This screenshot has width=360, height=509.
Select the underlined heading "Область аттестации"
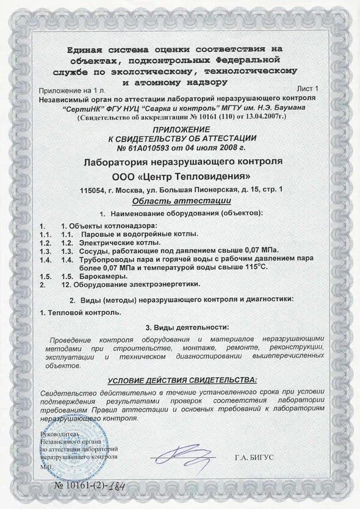(x=181, y=201)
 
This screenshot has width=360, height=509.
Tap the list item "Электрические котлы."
(x=111, y=242)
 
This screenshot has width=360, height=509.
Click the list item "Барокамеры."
(x=93, y=276)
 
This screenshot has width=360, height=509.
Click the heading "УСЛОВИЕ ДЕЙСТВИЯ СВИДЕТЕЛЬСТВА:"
(x=182, y=380)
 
